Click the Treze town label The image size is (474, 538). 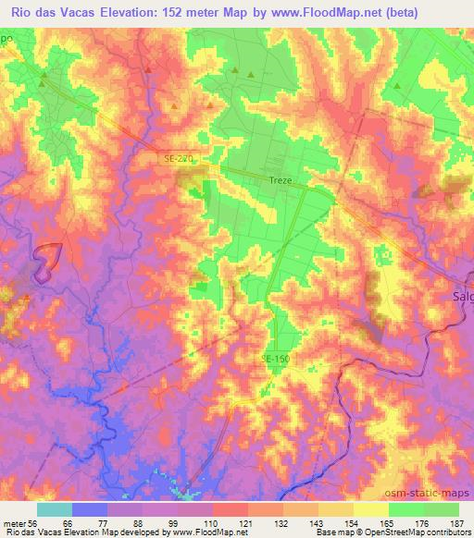pos(280,181)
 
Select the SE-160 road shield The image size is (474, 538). pos(275,358)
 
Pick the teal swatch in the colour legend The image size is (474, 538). pos(55,509)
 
